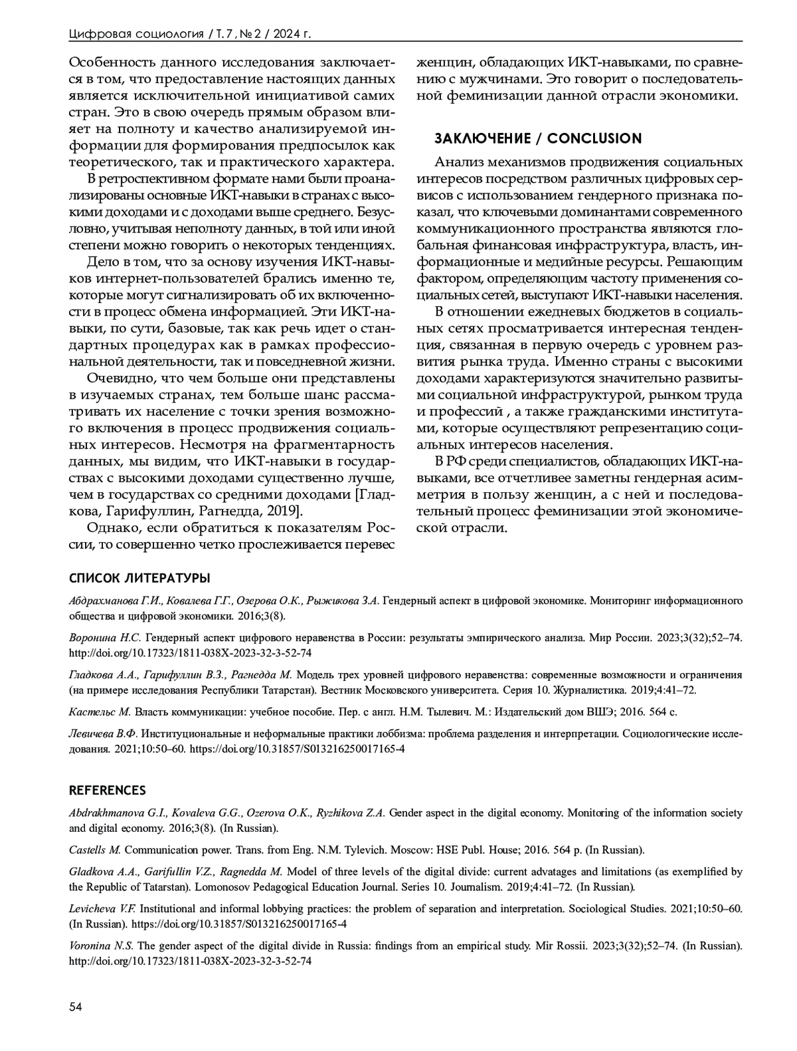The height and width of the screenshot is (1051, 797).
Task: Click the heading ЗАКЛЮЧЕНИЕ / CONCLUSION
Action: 537,138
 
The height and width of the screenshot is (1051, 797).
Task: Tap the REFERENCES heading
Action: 108,791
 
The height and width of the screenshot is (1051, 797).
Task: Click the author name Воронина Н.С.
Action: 105,637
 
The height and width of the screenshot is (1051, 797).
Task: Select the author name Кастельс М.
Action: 100,712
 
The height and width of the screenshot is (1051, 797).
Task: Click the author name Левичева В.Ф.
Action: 103,734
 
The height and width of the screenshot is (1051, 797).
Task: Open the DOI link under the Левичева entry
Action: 297,749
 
